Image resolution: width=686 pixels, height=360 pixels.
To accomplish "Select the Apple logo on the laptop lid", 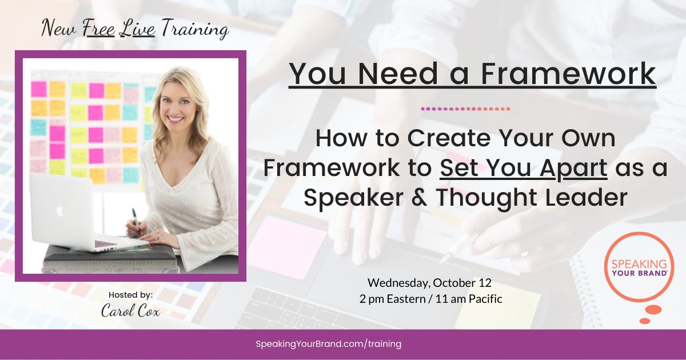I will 59,210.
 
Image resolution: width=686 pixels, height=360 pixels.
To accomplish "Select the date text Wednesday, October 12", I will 429,283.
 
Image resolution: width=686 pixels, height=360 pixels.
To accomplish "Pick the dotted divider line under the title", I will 465,108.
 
